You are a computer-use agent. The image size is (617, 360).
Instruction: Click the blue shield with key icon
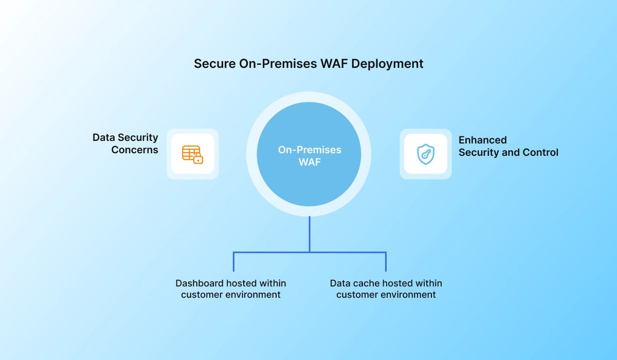click(x=425, y=154)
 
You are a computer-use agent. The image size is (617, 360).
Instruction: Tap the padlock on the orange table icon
click(x=198, y=159)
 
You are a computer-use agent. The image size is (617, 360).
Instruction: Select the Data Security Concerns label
click(x=125, y=144)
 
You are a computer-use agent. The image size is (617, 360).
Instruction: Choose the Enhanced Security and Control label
click(x=508, y=146)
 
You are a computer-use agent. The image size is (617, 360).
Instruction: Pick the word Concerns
click(x=135, y=150)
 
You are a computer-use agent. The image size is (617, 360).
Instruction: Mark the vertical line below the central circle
click(x=310, y=234)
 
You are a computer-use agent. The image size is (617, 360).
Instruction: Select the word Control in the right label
click(x=540, y=152)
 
